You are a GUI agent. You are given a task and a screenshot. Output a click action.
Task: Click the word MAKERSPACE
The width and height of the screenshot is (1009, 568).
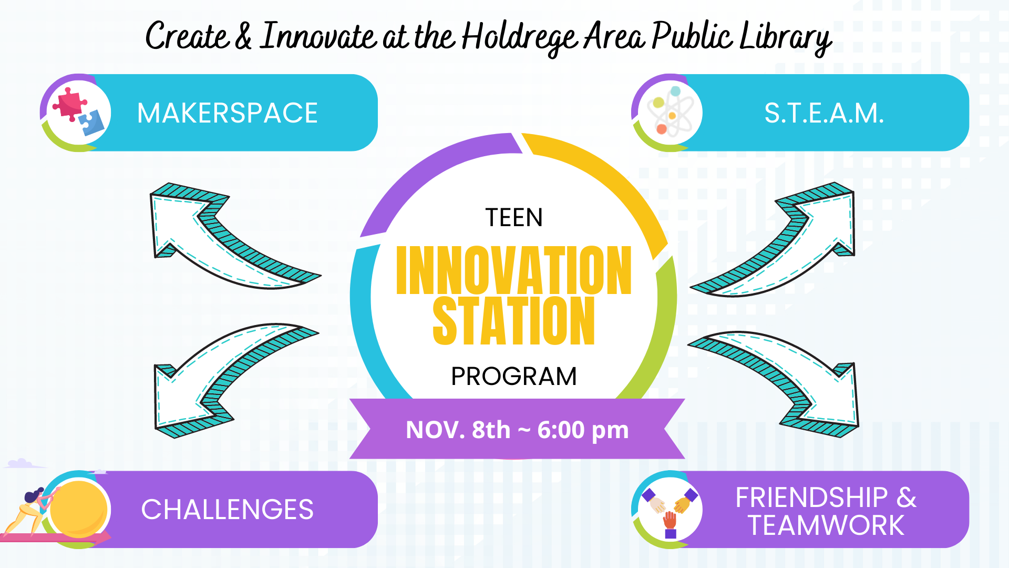227,113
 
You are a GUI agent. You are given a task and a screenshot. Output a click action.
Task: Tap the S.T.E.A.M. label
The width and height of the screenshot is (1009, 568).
824,113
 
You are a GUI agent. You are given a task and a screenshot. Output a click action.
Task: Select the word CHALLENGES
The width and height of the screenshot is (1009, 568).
227,510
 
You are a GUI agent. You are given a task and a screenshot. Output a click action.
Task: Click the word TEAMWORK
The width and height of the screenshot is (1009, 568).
826,525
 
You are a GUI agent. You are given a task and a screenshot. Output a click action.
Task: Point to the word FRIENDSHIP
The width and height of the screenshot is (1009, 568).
811,497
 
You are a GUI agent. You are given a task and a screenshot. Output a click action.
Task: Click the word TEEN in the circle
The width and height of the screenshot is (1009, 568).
514,218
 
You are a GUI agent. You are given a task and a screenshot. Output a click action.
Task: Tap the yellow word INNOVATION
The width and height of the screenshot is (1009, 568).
513,270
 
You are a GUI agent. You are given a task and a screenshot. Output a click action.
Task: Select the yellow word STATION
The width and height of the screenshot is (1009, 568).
513,320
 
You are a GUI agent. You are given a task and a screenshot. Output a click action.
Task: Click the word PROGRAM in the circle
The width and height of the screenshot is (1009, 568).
514,377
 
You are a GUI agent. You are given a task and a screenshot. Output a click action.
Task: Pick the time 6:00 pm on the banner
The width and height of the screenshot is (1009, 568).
583,430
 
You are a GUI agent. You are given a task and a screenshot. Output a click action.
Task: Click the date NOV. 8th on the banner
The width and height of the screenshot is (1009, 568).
458,430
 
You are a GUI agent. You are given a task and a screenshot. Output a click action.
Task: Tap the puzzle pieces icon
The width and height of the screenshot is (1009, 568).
79,111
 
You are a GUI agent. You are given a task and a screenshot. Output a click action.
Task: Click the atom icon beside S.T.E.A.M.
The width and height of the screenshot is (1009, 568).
669,112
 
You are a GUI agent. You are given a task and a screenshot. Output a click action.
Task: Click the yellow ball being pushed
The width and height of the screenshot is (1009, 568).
78,509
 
